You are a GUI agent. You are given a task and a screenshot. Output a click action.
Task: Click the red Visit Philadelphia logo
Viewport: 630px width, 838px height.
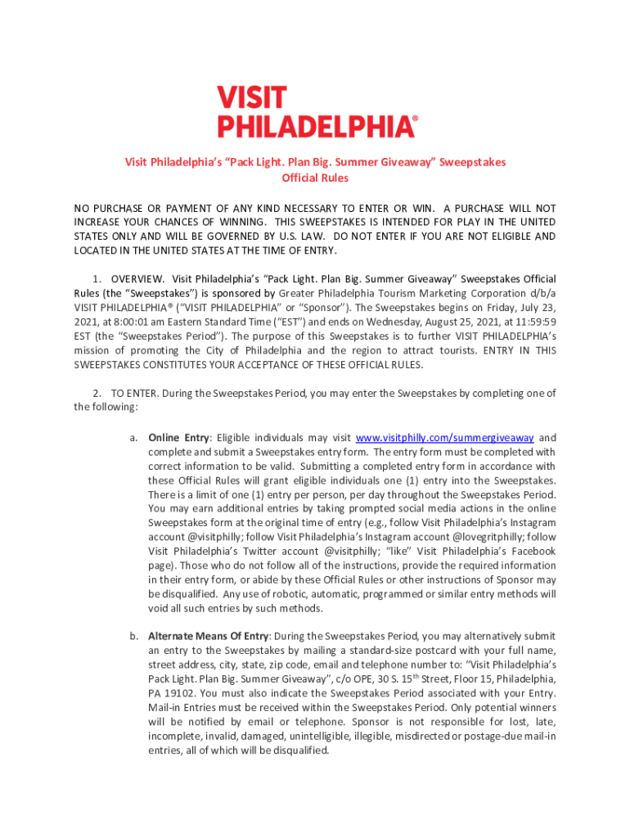pos(317,111)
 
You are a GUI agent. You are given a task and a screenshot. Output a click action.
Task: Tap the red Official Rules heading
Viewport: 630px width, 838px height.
pos(315,178)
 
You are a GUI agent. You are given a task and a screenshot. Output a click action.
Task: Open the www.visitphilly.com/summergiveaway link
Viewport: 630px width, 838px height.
pos(445,438)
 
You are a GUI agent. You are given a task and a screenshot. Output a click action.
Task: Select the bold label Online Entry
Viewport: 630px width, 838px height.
pos(178,438)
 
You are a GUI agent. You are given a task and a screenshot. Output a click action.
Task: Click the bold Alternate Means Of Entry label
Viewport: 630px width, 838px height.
pos(209,636)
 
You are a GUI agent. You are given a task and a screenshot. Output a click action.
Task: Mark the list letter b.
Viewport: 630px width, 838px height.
pos(133,636)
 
